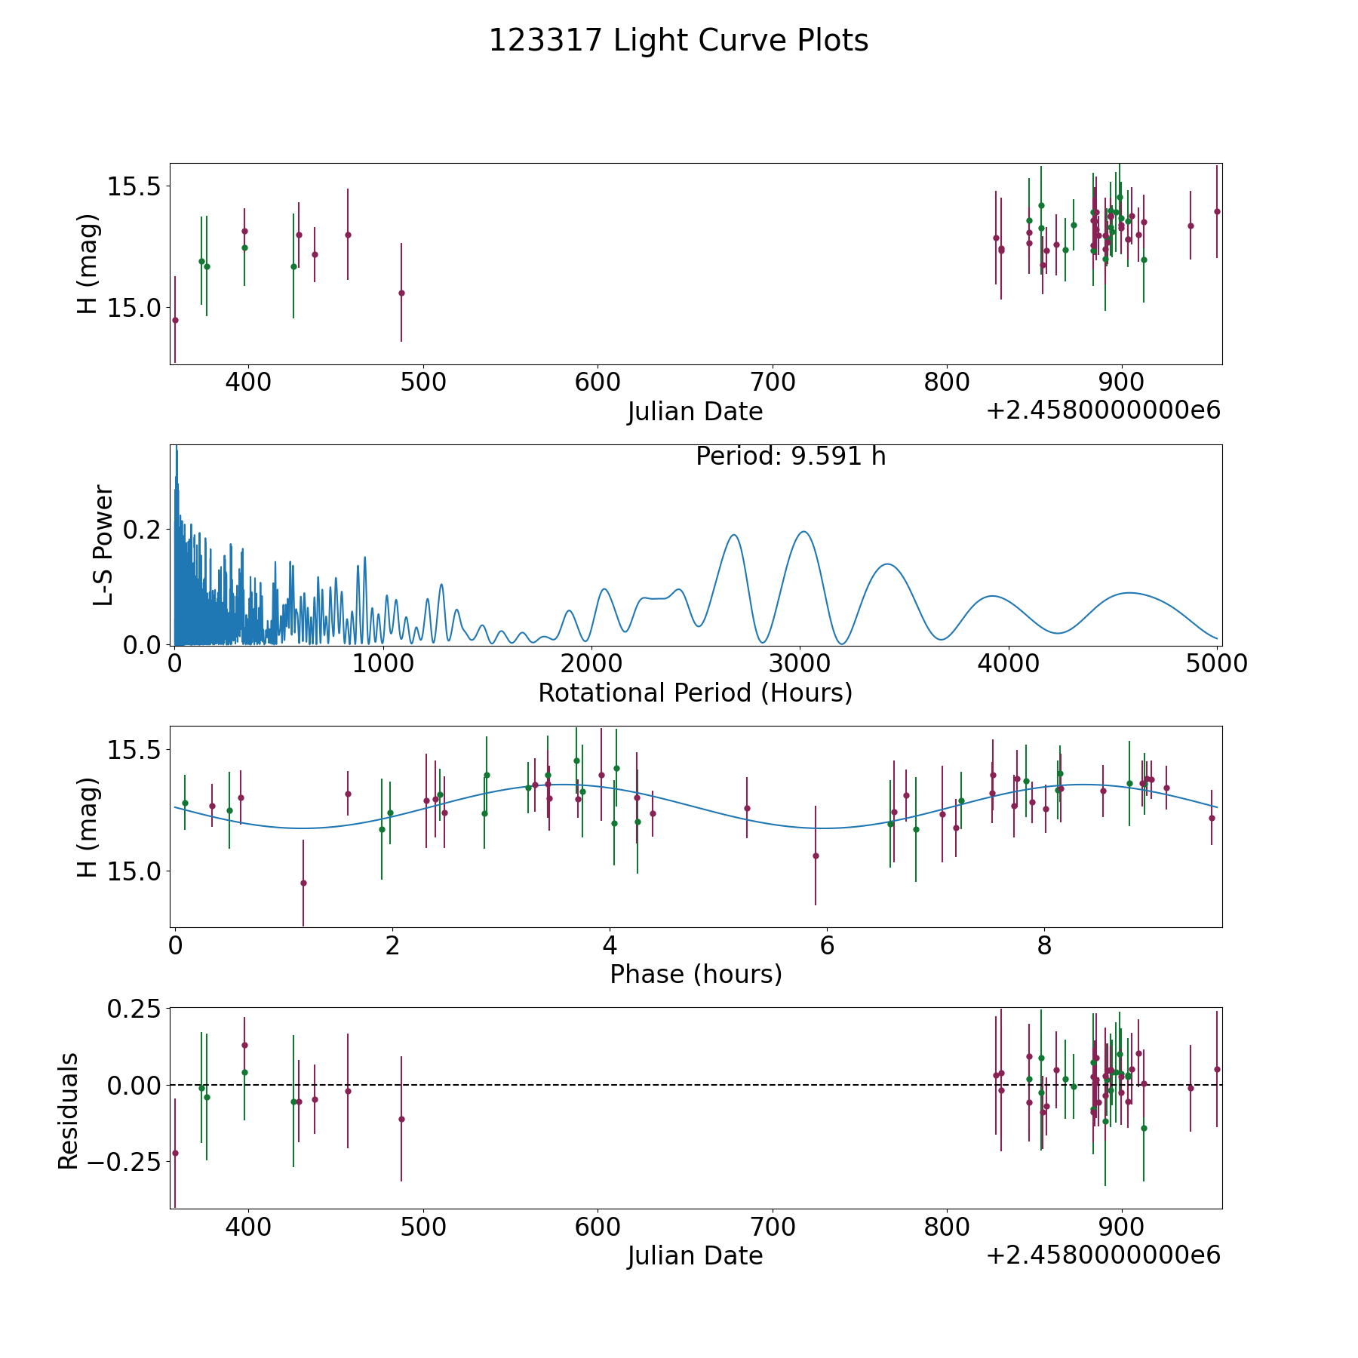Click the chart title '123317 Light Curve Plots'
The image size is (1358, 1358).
(x=678, y=41)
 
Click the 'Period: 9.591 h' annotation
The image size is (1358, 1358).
(x=791, y=456)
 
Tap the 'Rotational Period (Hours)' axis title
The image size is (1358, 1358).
(x=695, y=693)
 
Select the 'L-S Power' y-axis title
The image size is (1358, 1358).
(x=103, y=545)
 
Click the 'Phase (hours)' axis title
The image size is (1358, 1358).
(x=696, y=974)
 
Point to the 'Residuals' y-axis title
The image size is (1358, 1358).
(x=69, y=1111)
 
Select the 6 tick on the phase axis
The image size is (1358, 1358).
(x=827, y=945)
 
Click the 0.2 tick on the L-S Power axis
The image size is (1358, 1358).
(x=143, y=530)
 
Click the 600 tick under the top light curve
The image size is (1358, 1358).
(x=598, y=383)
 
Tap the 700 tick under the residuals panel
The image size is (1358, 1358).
(x=773, y=1227)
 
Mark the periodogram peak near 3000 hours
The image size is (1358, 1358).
(x=803, y=532)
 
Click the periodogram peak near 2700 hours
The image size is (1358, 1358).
(x=733, y=535)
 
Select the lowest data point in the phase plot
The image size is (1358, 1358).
(x=303, y=883)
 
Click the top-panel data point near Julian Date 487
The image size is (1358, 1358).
(x=401, y=293)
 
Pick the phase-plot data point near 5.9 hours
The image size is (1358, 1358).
(x=816, y=856)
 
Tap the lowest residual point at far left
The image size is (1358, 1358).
(x=175, y=1153)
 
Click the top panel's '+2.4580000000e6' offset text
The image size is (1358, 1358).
(x=1103, y=411)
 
